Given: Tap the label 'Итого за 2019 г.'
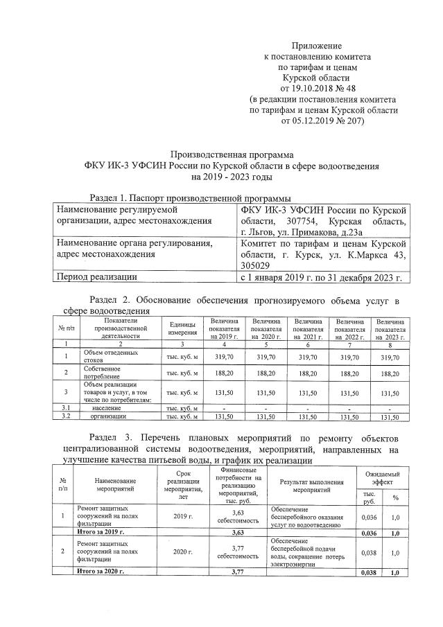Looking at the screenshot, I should [x=101, y=531].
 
